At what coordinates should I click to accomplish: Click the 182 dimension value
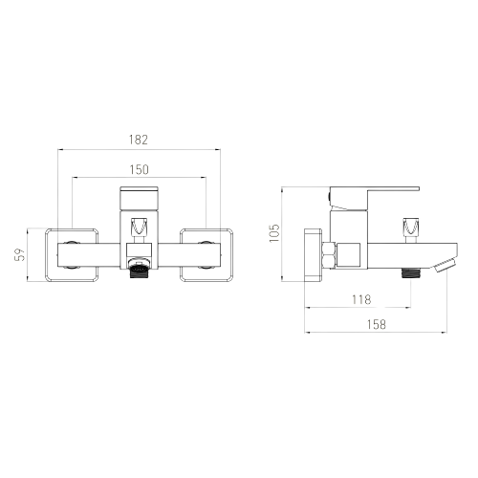coord(139,140)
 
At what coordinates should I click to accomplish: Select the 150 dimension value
coord(139,169)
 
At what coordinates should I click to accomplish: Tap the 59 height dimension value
coord(20,254)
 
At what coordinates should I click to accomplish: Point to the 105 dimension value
coord(274,233)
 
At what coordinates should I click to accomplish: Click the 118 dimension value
coord(361,299)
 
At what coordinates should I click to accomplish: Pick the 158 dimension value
coord(376,324)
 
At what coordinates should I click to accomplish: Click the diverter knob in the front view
coord(139,227)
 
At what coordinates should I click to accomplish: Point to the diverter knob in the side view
coord(410,228)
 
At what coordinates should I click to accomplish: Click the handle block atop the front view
coord(139,198)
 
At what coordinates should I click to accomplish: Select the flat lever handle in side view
coord(375,199)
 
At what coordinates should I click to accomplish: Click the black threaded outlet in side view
coord(411,273)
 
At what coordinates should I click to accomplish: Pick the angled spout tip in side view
coord(445,266)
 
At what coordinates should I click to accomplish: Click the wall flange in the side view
coord(313,255)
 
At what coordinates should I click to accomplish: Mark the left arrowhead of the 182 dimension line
coord(59,149)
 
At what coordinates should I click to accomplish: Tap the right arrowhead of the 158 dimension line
coord(445,333)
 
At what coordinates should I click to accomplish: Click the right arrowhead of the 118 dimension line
coord(408,308)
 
